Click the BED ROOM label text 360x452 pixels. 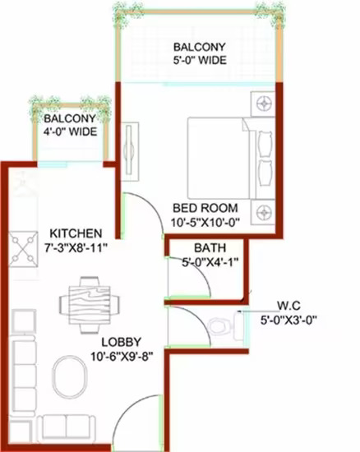[205, 208]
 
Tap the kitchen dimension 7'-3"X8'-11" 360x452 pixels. [76, 248]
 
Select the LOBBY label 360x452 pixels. [122, 342]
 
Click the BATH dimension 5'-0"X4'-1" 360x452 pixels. [210, 262]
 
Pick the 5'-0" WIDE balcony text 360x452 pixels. [200, 60]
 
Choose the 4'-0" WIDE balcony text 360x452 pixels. [70, 131]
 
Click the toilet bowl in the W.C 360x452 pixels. [220, 326]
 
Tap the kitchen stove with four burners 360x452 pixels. [23, 249]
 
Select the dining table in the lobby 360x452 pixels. [90, 305]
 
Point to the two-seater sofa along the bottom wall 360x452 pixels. [66, 429]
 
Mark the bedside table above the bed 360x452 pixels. [262, 104]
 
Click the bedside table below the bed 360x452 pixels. [262, 213]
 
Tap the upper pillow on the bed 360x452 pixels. [265, 144]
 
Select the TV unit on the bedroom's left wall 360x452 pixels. [130, 152]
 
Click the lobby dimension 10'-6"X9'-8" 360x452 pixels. [122, 357]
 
